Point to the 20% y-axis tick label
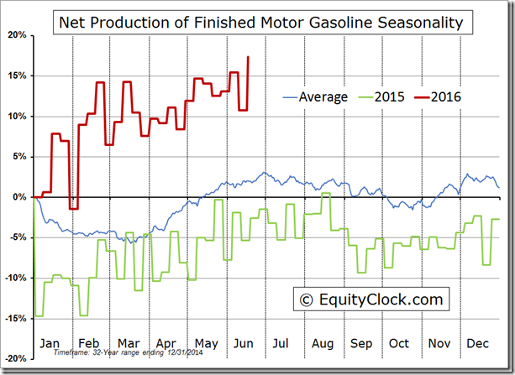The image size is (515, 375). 16,35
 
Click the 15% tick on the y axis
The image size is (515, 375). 16,76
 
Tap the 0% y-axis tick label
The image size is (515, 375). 19,197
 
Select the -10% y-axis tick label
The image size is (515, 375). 14,278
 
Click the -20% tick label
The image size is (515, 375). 14,358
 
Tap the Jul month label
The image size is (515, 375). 281,344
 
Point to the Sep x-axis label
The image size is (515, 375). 361,344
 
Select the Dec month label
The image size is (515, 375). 478,344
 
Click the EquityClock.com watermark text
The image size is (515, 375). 378,299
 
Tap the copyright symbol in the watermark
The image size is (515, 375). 306,299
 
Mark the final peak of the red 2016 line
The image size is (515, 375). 248,57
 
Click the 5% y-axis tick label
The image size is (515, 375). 19,157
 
